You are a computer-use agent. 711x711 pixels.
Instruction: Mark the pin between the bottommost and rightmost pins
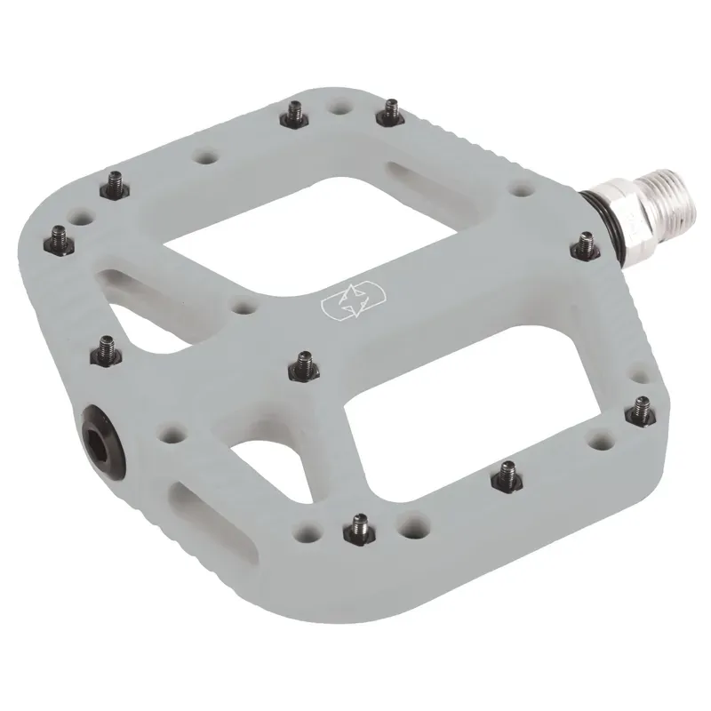[x=507, y=473]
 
